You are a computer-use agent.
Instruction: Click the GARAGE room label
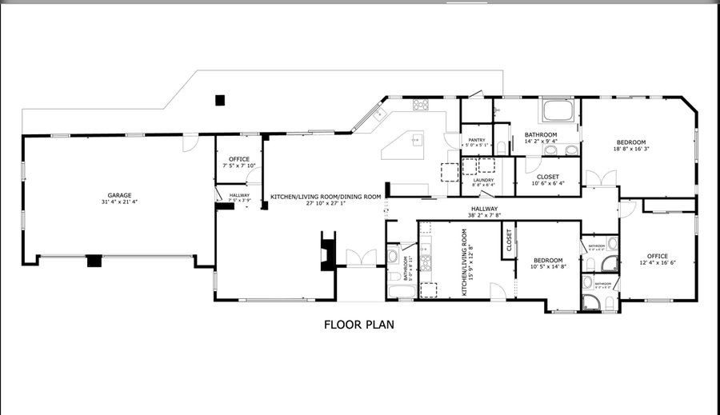119,194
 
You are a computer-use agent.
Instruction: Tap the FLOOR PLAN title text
359,325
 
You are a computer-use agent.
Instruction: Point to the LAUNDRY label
482,180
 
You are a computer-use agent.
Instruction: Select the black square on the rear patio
221,100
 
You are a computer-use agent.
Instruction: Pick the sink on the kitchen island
415,140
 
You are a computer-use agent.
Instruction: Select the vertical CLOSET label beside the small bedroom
508,240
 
